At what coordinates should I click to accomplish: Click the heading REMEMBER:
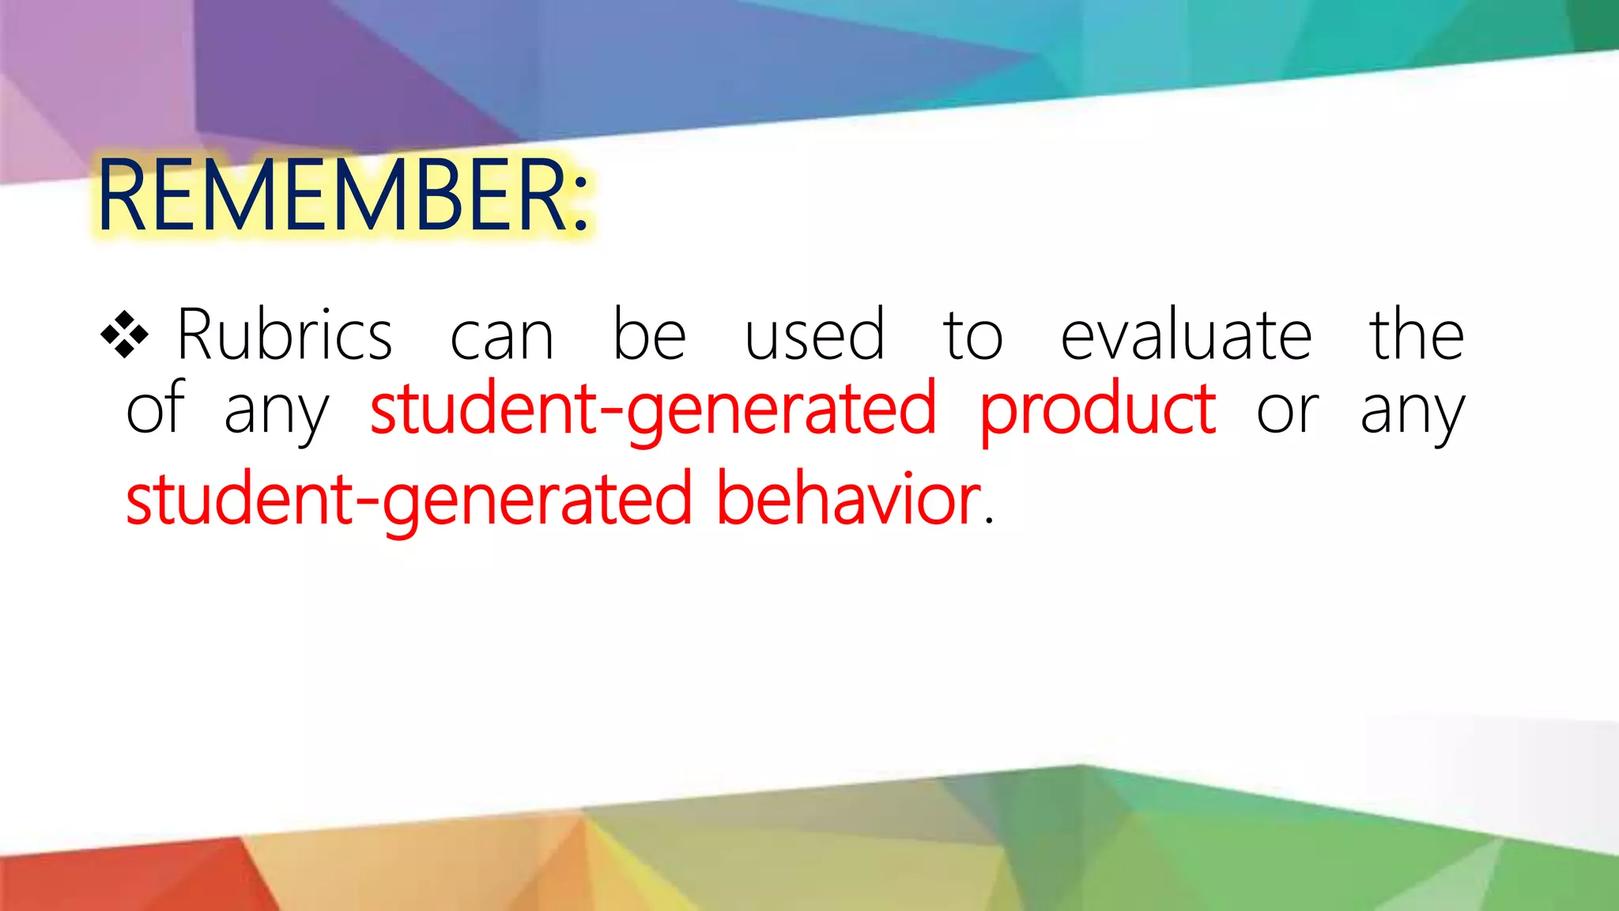pyautogui.click(x=343, y=196)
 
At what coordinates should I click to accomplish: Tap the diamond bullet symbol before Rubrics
pyautogui.click(x=125, y=335)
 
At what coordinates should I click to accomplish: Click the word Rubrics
pyautogui.click(x=285, y=335)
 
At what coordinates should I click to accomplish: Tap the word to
pyautogui.click(x=972, y=335)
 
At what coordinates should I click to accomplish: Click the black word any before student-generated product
pyautogui.click(x=276, y=413)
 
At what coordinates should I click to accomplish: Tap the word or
pyautogui.click(x=1287, y=413)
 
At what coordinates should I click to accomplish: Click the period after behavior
pyautogui.click(x=988, y=522)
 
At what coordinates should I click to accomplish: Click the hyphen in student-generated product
pyautogui.click(x=611, y=413)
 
